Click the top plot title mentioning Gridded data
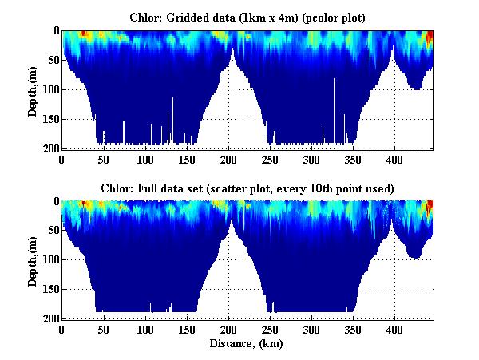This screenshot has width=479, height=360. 247,17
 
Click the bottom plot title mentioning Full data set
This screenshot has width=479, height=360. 247,188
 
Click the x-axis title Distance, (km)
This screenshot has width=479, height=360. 247,344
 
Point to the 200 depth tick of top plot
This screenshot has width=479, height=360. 49,149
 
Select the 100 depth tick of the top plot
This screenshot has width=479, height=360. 49,89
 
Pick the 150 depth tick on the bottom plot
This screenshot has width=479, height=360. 49,290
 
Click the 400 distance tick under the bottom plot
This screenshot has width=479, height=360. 394,330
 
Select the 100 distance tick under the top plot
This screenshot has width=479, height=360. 145,159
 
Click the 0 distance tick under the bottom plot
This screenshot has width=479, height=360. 62,330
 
